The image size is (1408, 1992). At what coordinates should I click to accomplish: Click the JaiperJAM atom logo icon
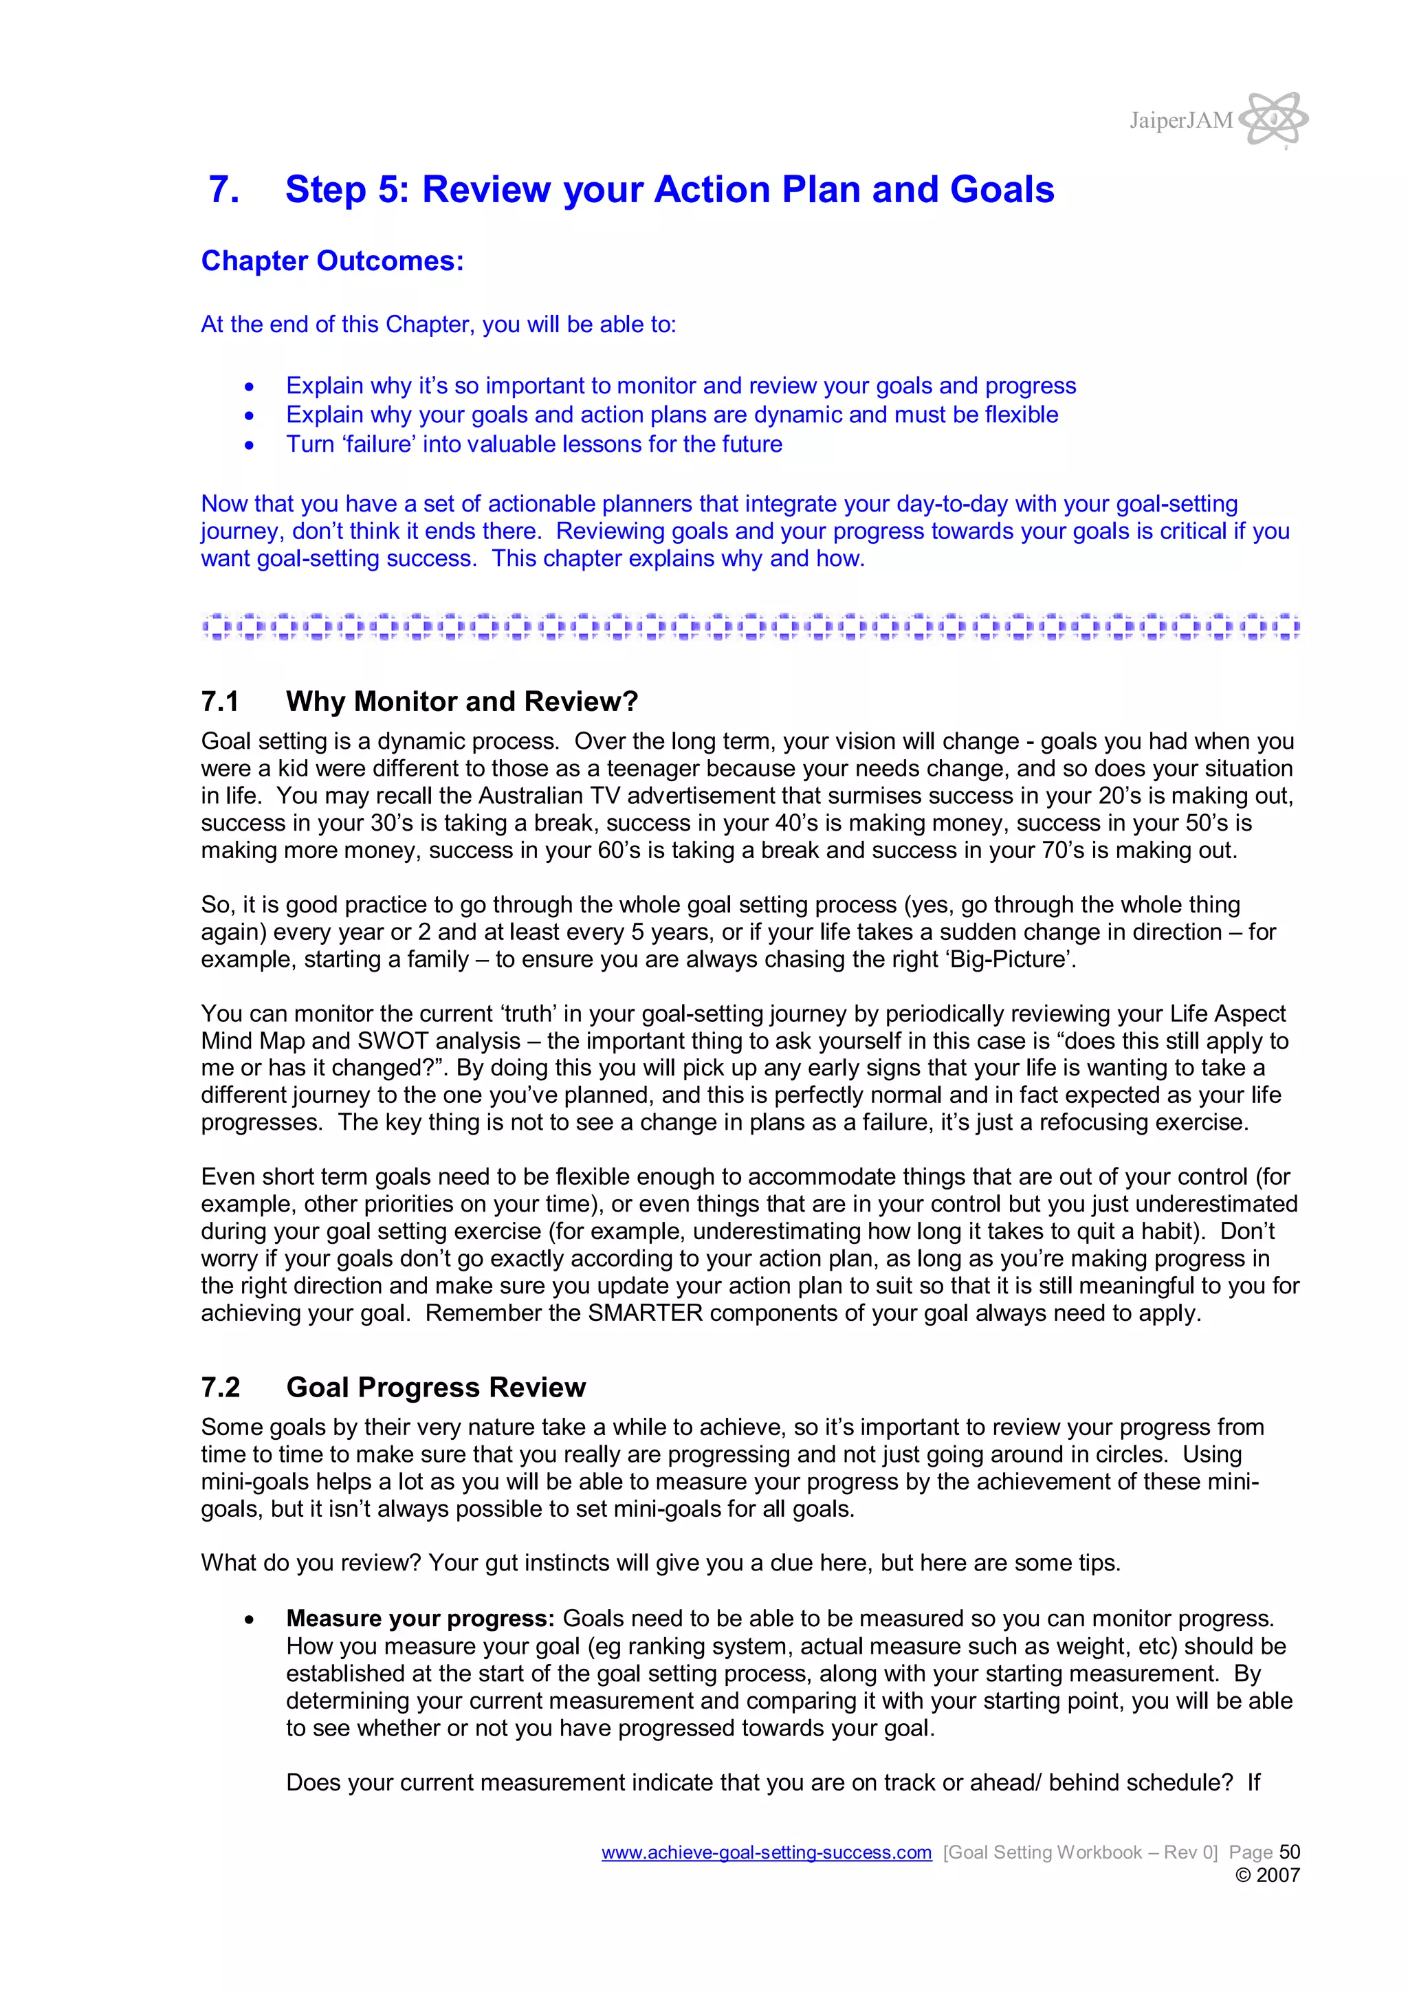[x=1273, y=119]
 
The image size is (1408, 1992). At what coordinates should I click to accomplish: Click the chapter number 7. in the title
[x=224, y=190]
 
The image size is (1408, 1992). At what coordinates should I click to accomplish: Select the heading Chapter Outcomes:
[x=332, y=261]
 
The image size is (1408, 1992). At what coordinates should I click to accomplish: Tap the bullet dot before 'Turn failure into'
[x=250, y=445]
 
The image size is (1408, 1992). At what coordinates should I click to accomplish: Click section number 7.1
[x=221, y=701]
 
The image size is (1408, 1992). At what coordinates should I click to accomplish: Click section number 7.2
[x=221, y=1388]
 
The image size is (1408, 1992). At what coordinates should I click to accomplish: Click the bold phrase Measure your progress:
[x=420, y=1619]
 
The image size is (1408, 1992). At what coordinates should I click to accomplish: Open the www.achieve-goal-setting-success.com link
[x=766, y=1852]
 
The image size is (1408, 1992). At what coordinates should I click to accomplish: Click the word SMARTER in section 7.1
[x=645, y=1313]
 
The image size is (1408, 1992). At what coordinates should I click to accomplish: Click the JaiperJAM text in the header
[x=1180, y=120]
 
